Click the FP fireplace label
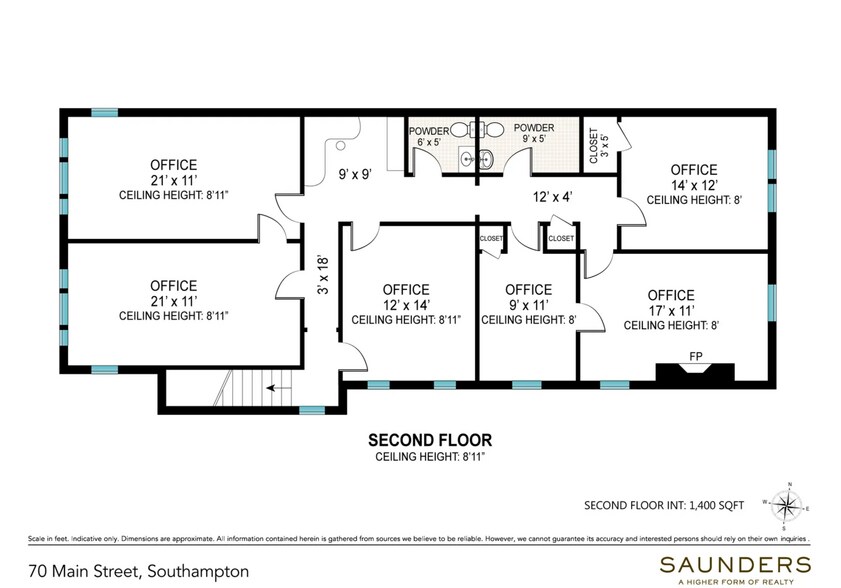pyautogui.click(x=696, y=356)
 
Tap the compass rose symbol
pyautogui.click(x=786, y=505)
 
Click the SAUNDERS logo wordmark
pyautogui.click(x=735, y=564)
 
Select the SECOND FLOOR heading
pyautogui.click(x=430, y=440)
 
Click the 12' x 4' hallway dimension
pyautogui.click(x=553, y=197)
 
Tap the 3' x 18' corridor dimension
pyautogui.click(x=323, y=275)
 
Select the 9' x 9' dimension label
pyautogui.click(x=355, y=174)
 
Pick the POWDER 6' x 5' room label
pyautogui.click(x=429, y=137)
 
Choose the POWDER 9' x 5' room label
pyautogui.click(x=534, y=133)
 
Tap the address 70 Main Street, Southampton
pyautogui.click(x=139, y=571)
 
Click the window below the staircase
pyautogui.click(x=312, y=410)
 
